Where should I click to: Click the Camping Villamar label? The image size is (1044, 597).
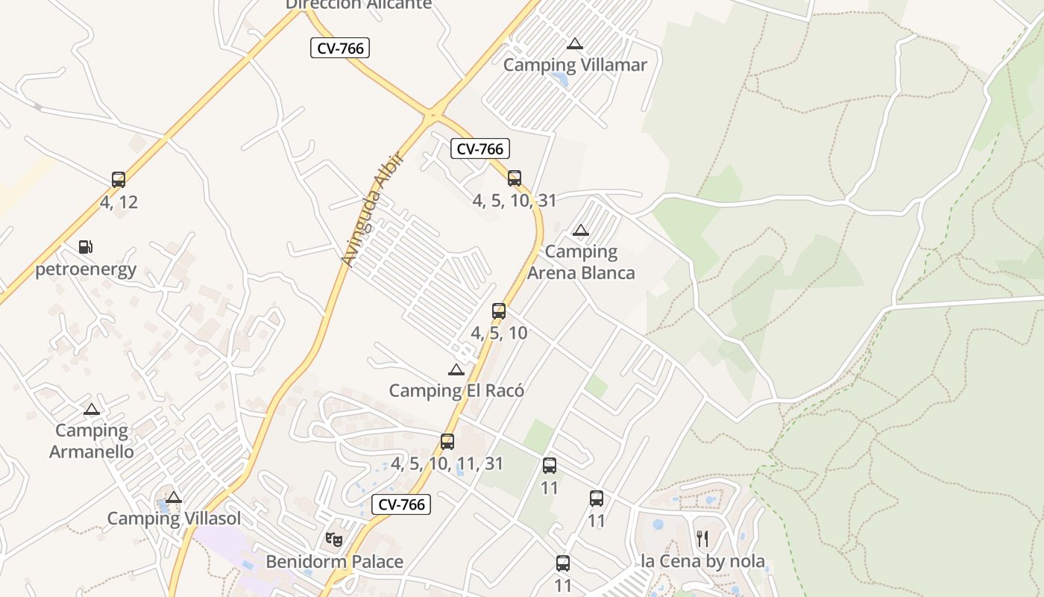(x=575, y=65)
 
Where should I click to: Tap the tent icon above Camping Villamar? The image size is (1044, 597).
(x=574, y=43)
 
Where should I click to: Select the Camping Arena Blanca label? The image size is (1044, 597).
(x=581, y=262)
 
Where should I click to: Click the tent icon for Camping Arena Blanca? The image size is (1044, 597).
(x=580, y=230)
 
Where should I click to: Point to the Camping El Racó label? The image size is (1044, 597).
(x=456, y=390)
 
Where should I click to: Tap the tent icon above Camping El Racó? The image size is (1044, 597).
(x=456, y=369)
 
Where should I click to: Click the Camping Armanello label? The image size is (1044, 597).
(x=92, y=441)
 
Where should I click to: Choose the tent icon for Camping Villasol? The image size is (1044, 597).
(x=174, y=498)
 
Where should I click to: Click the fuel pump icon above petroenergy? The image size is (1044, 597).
(x=86, y=247)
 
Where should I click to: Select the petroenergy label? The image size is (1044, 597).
(x=86, y=269)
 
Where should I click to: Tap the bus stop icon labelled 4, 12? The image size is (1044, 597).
(x=119, y=180)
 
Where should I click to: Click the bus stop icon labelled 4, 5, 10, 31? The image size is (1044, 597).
(x=515, y=178)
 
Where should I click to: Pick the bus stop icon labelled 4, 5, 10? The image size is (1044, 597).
(x=499, y=311)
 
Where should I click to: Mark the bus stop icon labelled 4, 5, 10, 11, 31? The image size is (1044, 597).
(x=447, y=442)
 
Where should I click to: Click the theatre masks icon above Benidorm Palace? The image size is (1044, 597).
(x=334, y=539)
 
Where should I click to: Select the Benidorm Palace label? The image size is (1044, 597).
(x=334, y=561)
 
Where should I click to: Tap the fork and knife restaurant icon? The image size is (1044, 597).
(x=702, y=538)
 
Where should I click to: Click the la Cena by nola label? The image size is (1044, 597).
(x=702, y=561)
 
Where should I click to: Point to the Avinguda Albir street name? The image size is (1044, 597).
(x=371, y=209)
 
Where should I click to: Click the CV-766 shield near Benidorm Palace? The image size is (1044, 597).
(x=401, y=504)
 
